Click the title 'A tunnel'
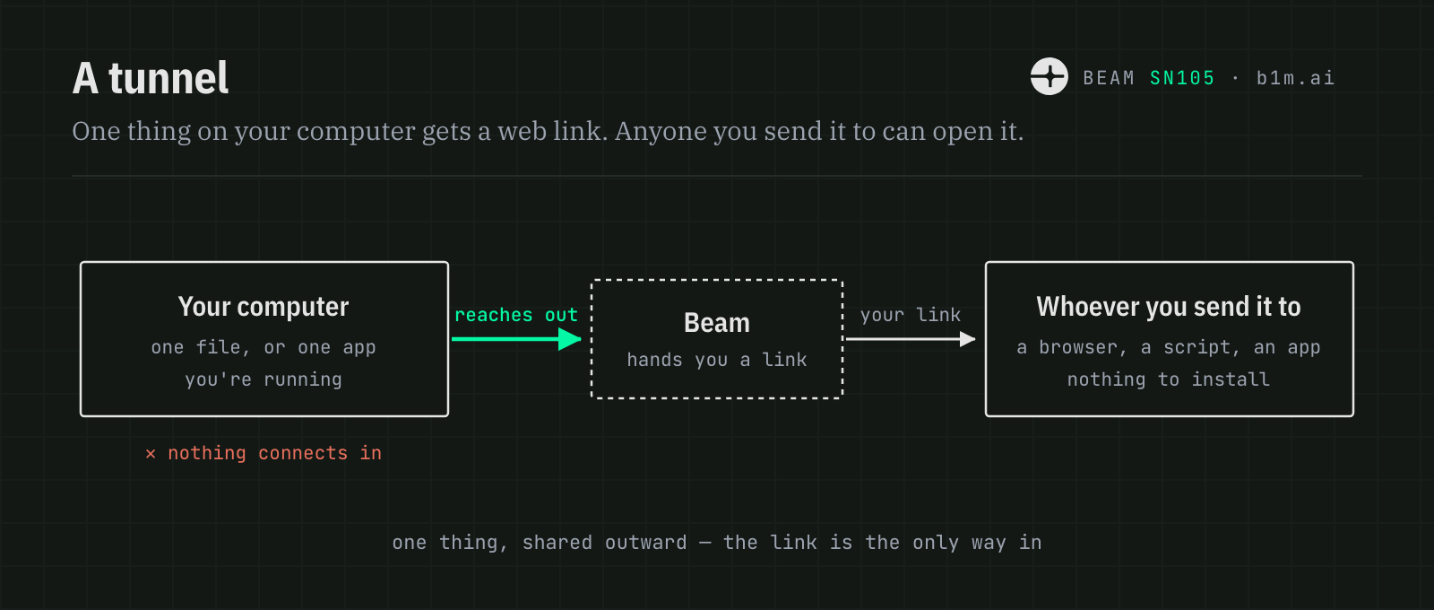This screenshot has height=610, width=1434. tap(151, 78)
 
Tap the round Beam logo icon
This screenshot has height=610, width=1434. tap(1050, 77)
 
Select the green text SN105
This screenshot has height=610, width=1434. tap(1182, 78)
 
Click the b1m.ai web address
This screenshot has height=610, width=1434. tap(1295, 78)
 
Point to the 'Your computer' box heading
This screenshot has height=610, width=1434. tap(263, 307)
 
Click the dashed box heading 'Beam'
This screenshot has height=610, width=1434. tap(717, 323)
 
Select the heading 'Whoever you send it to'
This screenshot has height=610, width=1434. tap(1169, 307)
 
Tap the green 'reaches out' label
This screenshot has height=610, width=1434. tap(516, 315)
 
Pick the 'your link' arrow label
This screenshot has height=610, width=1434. tap(911, 315)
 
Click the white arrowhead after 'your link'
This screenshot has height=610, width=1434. tap(967, 339)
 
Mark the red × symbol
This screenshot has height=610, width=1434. tap(151, 454)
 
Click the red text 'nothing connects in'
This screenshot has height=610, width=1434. tap(274, 454)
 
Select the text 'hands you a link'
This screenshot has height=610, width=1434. tap(717, 360)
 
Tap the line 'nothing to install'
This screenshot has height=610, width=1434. tap(1169, 380)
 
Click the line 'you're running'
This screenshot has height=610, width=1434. tap(263, 380)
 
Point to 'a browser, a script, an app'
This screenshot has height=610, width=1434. tap(1169, 347)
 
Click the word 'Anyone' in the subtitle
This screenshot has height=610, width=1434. tap(660, 131)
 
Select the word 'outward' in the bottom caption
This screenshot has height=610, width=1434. tap(646, 543)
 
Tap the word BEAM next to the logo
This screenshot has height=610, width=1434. tap(1109, 78)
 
